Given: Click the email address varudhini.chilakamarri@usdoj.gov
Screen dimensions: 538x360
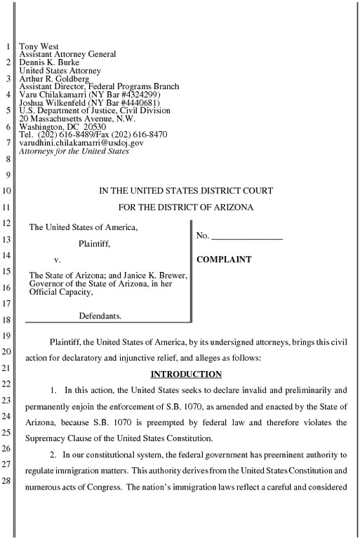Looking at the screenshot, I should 81,142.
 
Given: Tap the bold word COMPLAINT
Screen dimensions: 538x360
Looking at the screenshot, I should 224,260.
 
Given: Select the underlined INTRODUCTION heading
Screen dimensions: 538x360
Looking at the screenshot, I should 186,374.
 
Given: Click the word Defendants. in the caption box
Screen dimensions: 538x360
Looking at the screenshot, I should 100,316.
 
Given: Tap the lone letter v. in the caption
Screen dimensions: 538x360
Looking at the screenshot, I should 57,260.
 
